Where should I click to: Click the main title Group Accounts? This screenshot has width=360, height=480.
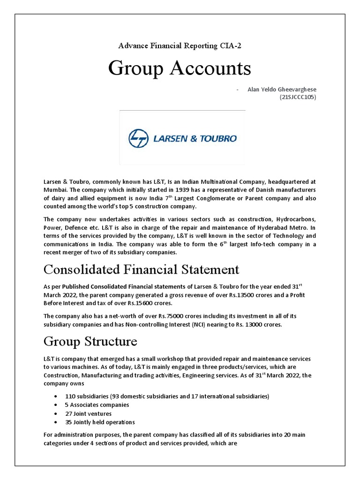coord(180,69)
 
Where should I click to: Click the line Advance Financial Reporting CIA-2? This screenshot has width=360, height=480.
coord(180,45)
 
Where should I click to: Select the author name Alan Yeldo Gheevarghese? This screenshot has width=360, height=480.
coord(282,90)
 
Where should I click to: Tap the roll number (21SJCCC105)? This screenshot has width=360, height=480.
coord(298,97)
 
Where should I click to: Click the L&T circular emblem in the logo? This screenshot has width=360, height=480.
coord(138,138)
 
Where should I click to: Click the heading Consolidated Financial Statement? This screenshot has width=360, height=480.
coord(141,270)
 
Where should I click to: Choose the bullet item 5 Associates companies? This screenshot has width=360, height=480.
coord(97,405)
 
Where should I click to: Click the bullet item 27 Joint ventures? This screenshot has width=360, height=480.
coord(89,413)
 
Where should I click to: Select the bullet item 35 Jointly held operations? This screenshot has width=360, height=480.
coord(100,422)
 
